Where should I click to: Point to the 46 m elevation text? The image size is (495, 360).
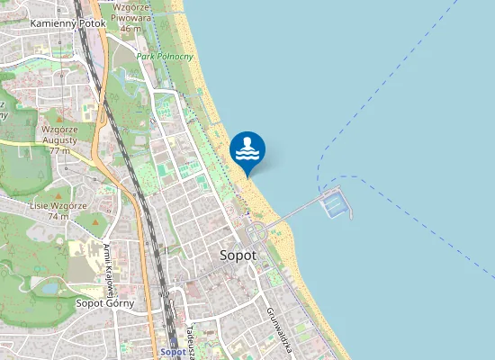(x=130, y=29)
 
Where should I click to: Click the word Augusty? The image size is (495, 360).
(x=59, y=140)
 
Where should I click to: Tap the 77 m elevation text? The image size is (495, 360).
(x=59, y=151)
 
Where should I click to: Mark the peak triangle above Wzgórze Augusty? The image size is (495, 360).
(x=59, y=119)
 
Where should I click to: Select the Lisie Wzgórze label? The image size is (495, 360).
(x=49, y=205)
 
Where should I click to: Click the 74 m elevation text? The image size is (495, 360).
(x=58, y=216)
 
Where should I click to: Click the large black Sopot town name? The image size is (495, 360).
(x=238, y=255)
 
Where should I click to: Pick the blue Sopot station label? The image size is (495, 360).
(x=172, y=351)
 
